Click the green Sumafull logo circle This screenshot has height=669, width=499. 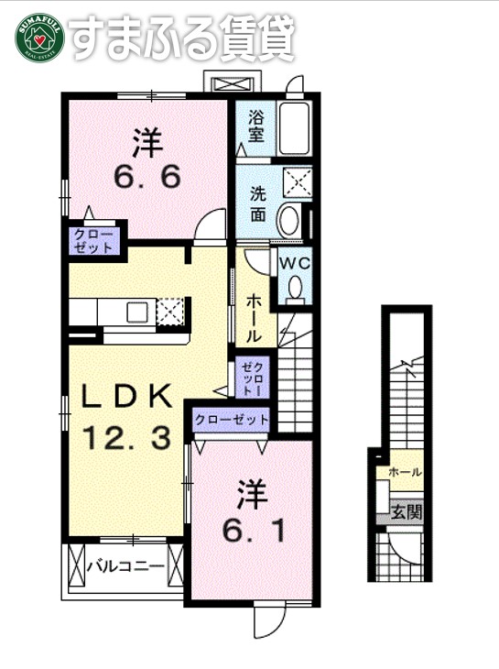38,38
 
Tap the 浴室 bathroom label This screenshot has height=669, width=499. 255,126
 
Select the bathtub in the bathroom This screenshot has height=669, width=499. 295,129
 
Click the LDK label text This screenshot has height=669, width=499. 128,396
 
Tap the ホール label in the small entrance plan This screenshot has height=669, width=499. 406,473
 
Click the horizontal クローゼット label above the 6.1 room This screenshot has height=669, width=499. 232,419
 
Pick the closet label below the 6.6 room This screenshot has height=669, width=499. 94,240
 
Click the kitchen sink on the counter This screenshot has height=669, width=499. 137,313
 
